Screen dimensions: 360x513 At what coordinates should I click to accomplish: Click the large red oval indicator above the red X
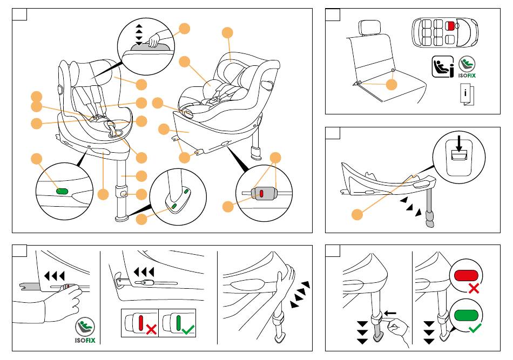(x=467, y=276)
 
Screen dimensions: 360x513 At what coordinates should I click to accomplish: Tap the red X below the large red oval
(x=474, y=289)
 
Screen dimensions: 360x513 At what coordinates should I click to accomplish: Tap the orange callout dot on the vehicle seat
(x=392, y=85)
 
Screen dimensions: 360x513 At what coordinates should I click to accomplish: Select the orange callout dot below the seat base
(x=356, y=215)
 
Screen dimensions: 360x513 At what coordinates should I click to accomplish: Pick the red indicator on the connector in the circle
(x=261, y=193)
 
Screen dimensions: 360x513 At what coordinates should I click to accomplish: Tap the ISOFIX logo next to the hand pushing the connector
(x=85, y=330)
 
